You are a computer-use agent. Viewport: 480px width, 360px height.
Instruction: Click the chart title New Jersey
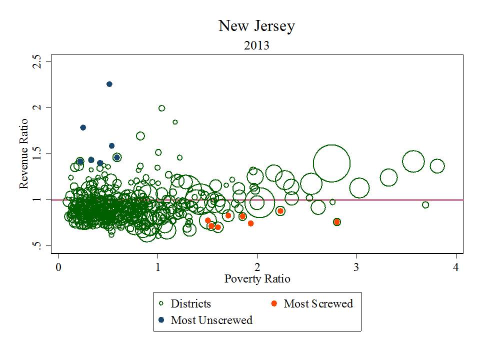point(256,26)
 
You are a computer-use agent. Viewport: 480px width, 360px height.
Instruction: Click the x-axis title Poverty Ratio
point(257,278)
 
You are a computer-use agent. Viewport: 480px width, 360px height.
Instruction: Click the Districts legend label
point(191,303)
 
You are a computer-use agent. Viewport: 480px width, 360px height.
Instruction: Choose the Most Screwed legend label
point(318,303)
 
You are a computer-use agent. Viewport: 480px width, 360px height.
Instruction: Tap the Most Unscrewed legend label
point(211,320)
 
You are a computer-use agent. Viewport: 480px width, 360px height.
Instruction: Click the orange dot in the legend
point(274,303)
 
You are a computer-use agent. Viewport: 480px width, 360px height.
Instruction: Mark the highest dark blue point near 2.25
point(109,84)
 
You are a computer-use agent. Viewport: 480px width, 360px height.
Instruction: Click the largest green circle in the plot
point(331,163)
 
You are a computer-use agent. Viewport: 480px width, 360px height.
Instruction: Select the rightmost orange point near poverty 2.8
point(337,221)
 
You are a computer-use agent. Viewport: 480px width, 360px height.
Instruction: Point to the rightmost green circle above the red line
point(437,166)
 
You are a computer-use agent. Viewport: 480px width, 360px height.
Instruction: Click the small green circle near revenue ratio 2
point(161,108)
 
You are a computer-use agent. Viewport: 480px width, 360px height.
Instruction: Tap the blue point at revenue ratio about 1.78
point(83,127)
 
